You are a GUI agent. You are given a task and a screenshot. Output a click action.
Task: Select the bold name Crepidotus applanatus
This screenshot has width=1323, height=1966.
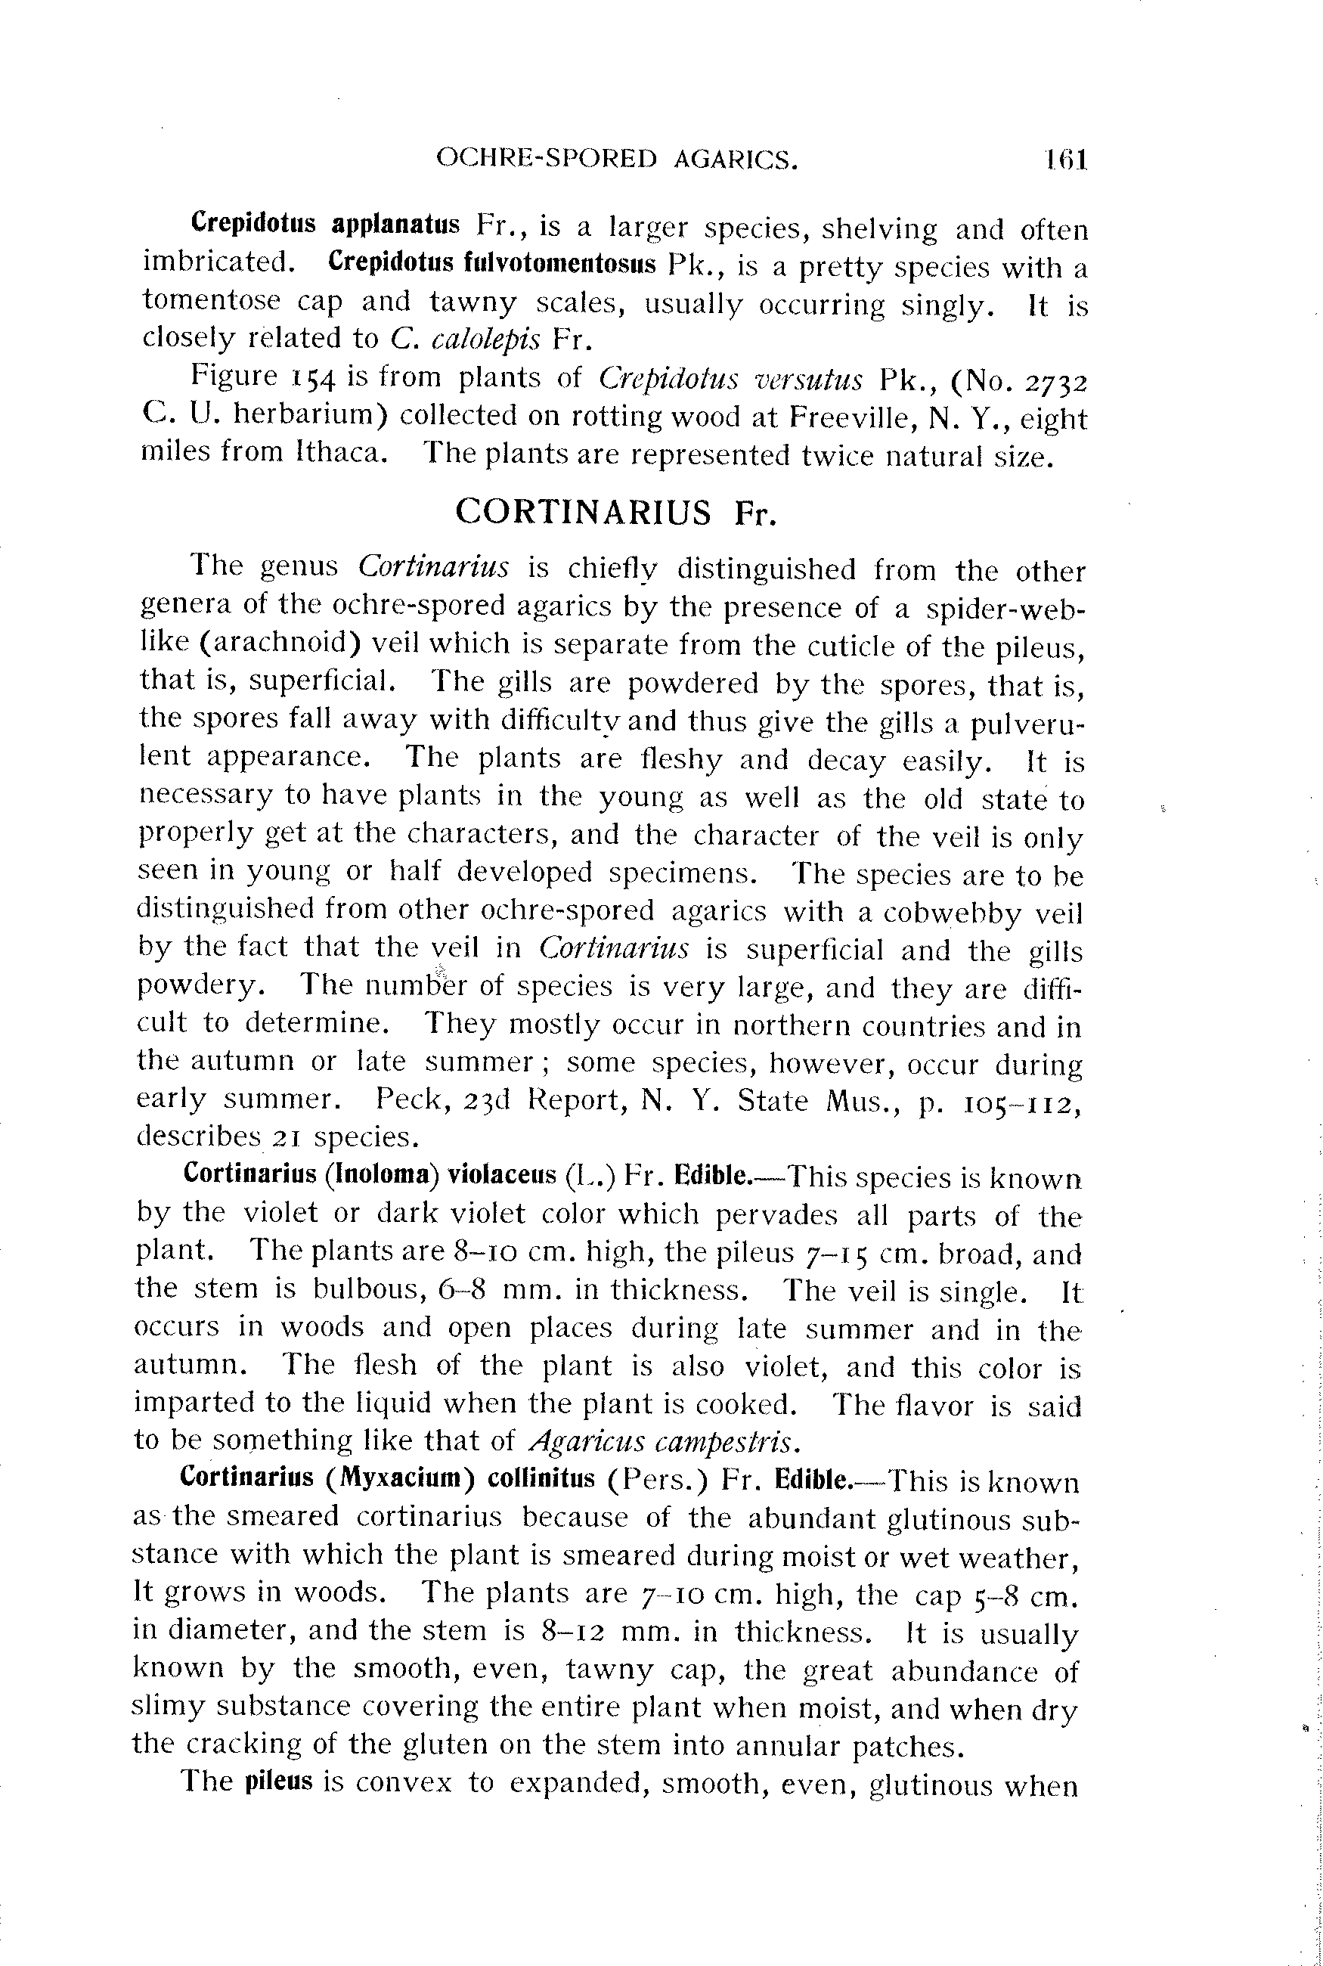pyautogui.click(x=326, y=225)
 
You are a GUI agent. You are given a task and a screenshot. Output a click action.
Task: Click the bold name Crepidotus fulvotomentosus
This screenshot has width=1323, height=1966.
pyautogui.click(x=492, y=263)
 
